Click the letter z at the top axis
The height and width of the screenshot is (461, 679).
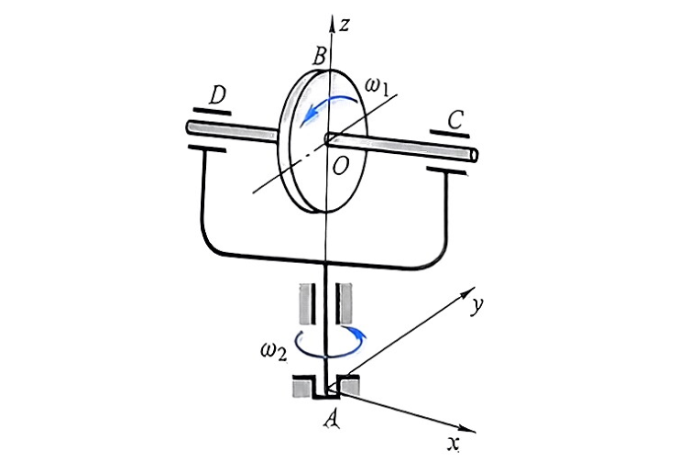pos(344,26)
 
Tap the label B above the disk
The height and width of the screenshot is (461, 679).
pos(320,56)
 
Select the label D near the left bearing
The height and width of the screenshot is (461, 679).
pos(217,95)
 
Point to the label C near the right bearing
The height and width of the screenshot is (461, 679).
pos(455,120)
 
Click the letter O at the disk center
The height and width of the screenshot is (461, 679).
pos(340,165)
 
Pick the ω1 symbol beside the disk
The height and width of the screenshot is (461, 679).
pos(378,86)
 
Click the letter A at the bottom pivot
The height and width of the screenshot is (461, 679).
pos(332,420)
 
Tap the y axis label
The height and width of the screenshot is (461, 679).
pos(476,305)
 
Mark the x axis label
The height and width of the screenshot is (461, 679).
pos(454,443)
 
